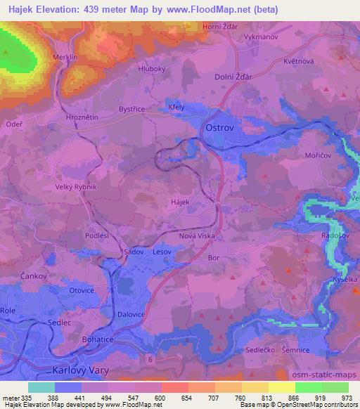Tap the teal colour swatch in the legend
pos(41,387)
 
